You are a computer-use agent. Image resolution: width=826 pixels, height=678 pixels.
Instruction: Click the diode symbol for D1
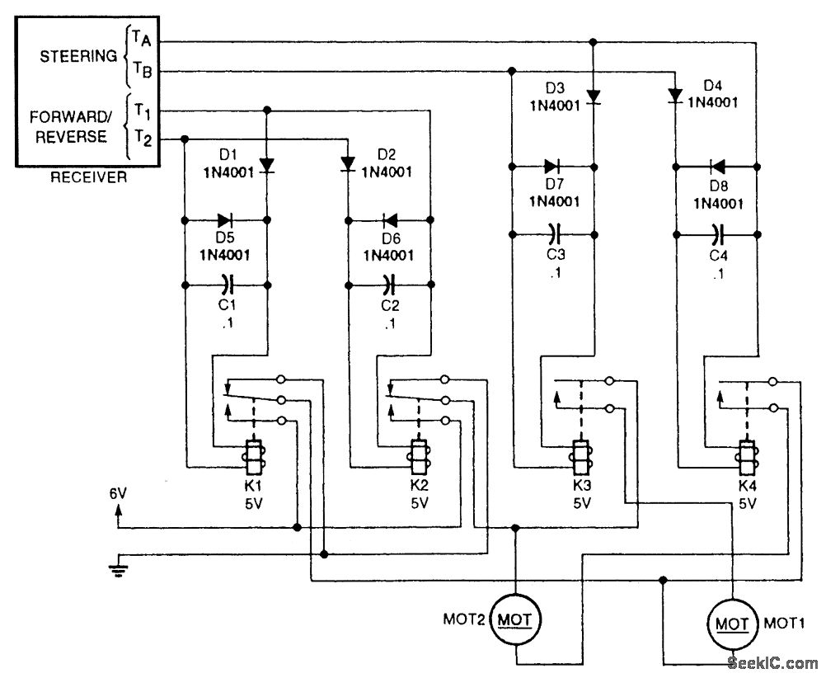[x=267, y=166]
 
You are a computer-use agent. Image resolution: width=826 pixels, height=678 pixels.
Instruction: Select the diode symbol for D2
[x=347, y=166]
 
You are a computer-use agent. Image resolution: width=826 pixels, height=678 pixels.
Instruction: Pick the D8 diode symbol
[x=716, y=166]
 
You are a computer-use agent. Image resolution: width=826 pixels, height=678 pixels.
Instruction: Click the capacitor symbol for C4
[x=716, y=233]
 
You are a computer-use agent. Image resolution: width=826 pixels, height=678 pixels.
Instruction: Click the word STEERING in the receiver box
[x=78, y=57]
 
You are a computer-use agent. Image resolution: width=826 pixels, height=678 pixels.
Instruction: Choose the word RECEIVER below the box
[x=89, y=177]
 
